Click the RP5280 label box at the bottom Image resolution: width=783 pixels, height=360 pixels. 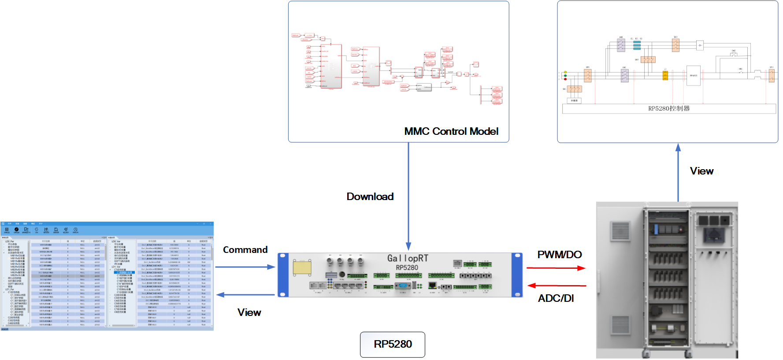click(393, 344)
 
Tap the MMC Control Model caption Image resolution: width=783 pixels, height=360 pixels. click(451, 131)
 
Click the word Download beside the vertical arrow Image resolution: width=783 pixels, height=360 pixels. click(370, 197)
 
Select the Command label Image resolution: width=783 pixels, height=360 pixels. click(245, 250)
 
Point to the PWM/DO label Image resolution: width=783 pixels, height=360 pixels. click(559, 255)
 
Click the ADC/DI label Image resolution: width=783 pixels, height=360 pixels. click(556, 298)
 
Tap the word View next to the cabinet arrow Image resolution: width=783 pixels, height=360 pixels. click(701, 171)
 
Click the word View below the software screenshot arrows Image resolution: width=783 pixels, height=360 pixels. click(249, 312)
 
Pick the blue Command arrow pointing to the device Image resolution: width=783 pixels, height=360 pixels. click(245, 267)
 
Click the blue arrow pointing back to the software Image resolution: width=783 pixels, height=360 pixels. click(245, 295)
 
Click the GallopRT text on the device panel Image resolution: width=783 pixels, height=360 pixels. click(408, 258)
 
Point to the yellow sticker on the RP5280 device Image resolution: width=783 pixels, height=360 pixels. click(302, 267)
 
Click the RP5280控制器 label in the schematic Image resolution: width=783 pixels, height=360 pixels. click(669, 108)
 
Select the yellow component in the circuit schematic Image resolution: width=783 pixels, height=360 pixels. click(665, 76)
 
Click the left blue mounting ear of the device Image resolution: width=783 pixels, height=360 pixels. click(283, 275)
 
